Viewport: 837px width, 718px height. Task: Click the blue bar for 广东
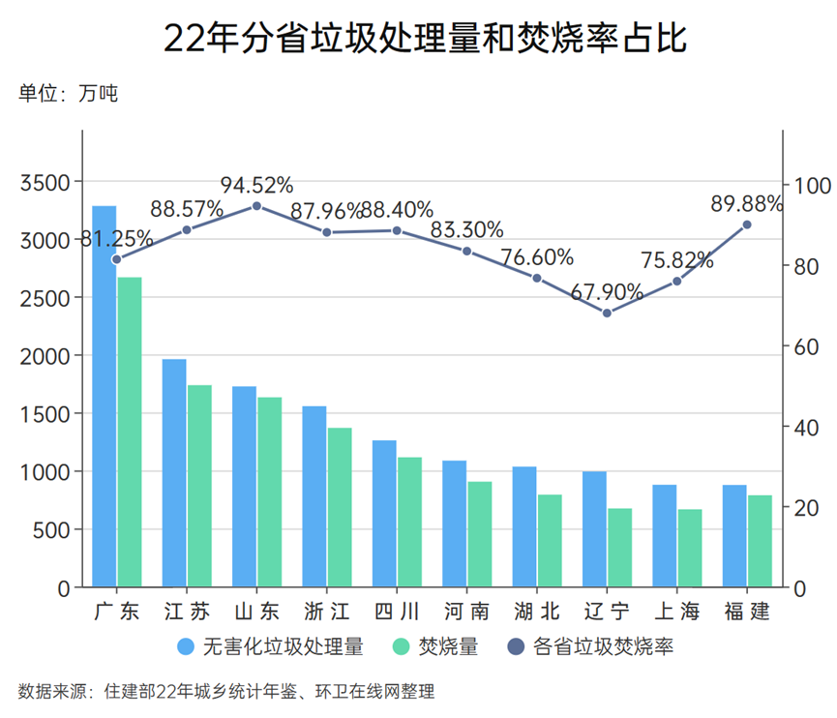point(104,397)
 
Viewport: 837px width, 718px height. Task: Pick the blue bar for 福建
point(734,536)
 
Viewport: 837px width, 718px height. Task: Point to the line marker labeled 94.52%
point(256,206)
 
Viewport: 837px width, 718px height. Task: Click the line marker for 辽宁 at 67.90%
point(607,313)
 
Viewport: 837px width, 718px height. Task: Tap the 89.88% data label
point(746,203)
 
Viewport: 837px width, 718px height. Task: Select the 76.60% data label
point(537,257)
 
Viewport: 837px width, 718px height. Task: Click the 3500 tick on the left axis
point(45,182)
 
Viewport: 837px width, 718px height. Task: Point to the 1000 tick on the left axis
point(45,472)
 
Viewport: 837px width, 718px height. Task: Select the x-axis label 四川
point(397,612)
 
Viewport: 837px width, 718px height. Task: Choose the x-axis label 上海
point(676,612)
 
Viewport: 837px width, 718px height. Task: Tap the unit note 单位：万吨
point(69,95)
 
